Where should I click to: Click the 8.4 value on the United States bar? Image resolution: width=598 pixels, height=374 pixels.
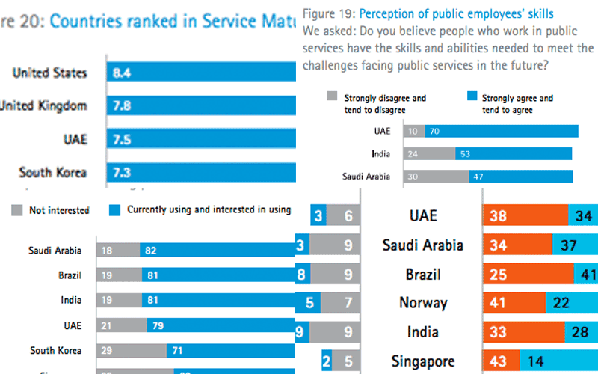(122, 73)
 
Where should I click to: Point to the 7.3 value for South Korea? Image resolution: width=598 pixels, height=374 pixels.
(122, 172)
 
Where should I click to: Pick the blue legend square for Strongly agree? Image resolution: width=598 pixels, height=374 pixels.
(471, 98)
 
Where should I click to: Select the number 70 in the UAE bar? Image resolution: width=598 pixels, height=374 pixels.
(434, 132)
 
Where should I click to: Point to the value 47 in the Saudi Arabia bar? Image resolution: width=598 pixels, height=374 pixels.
(479, 177)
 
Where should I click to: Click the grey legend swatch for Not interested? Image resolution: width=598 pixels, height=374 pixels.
(16, 210)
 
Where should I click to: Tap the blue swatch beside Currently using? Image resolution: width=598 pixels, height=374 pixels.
(114, 210)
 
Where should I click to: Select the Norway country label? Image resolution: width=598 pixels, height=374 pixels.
(423, 303)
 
